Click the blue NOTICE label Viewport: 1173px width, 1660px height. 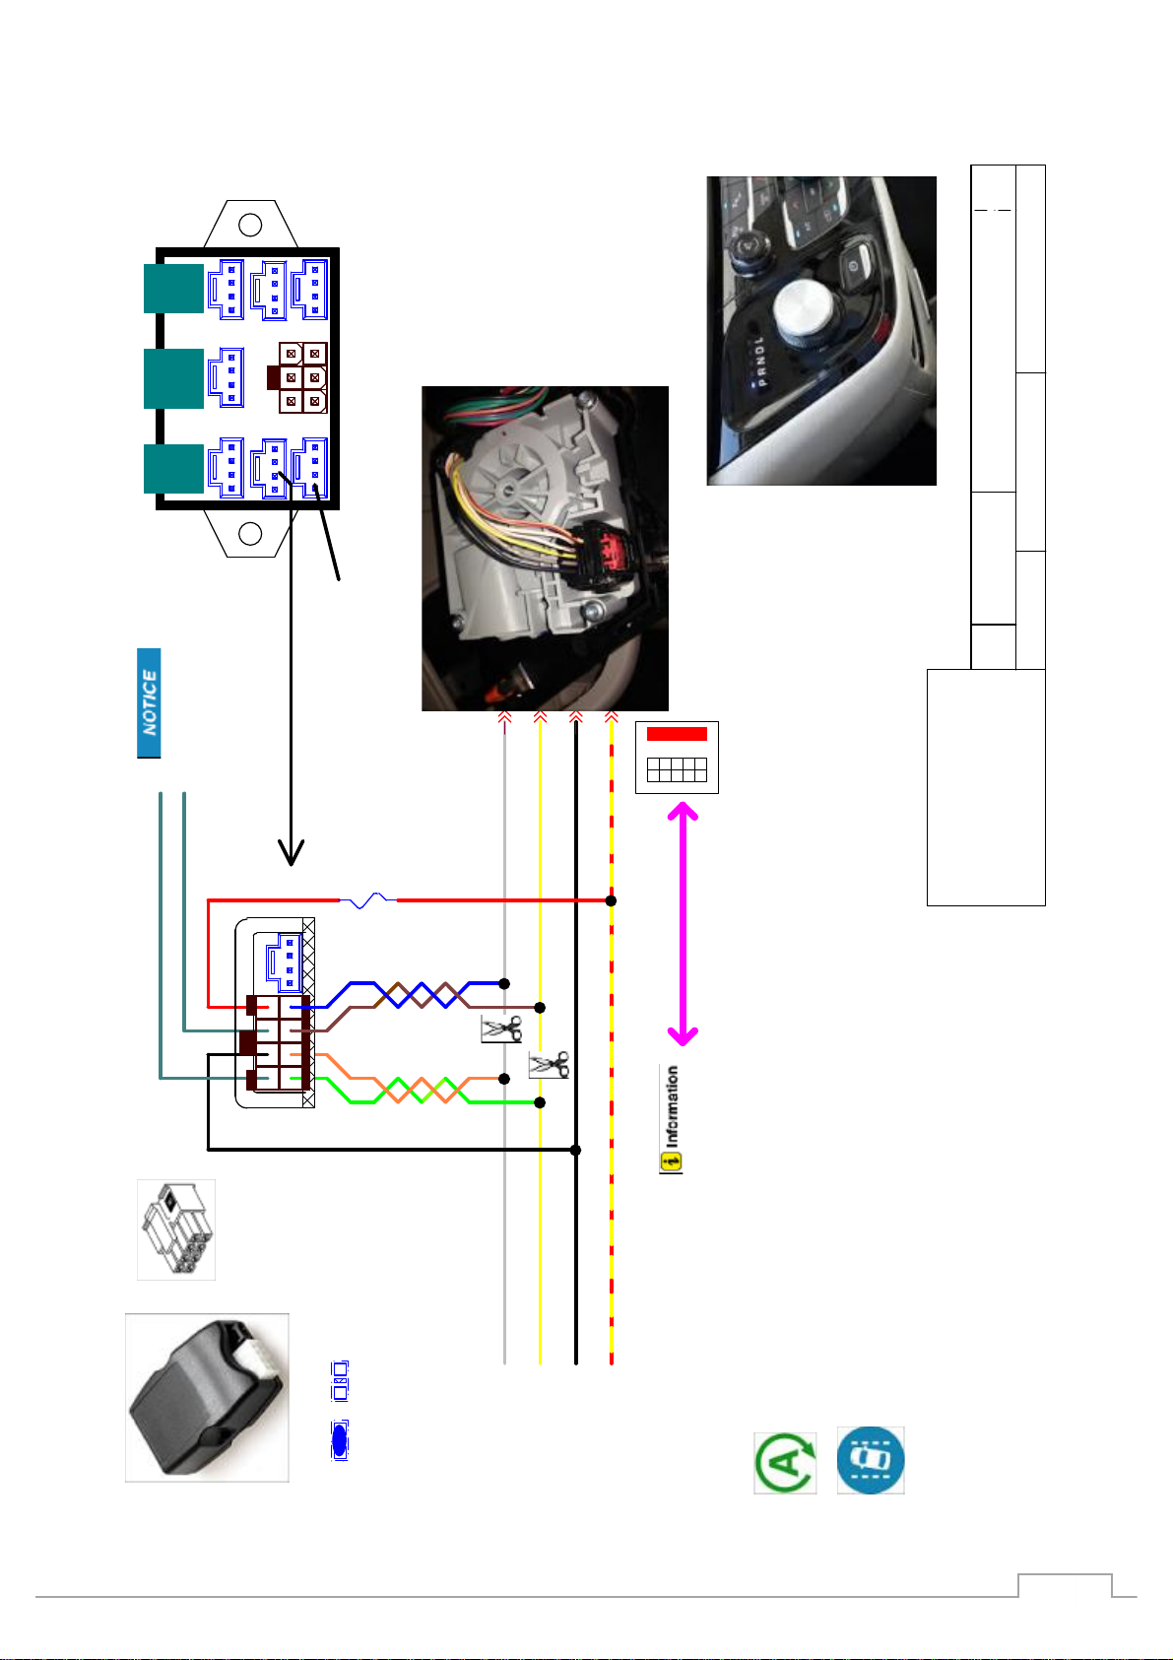(149, 702)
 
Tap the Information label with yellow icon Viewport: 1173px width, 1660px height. (672, 1119)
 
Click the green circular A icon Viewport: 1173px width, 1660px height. (786, 1463)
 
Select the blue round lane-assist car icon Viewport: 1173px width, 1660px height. (871, 1460)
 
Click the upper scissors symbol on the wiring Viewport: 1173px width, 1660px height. (501, 1029)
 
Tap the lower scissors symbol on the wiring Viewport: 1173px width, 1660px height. (550, 1065)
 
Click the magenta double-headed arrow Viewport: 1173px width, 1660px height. (683, 923)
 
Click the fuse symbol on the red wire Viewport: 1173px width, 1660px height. (368, 900)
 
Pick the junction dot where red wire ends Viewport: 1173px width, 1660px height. (611, 900)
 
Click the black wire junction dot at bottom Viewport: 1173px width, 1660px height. (576, 1150)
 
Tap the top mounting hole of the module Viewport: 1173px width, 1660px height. (250, 225)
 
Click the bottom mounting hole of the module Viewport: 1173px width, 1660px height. (250, 534)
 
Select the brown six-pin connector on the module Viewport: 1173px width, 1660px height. (297, 377)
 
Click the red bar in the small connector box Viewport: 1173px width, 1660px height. (677, 734)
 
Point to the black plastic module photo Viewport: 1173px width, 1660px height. (207, 1398)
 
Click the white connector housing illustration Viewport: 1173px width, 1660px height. (176, 1229)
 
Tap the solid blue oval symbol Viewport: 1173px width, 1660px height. (340, 1440)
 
